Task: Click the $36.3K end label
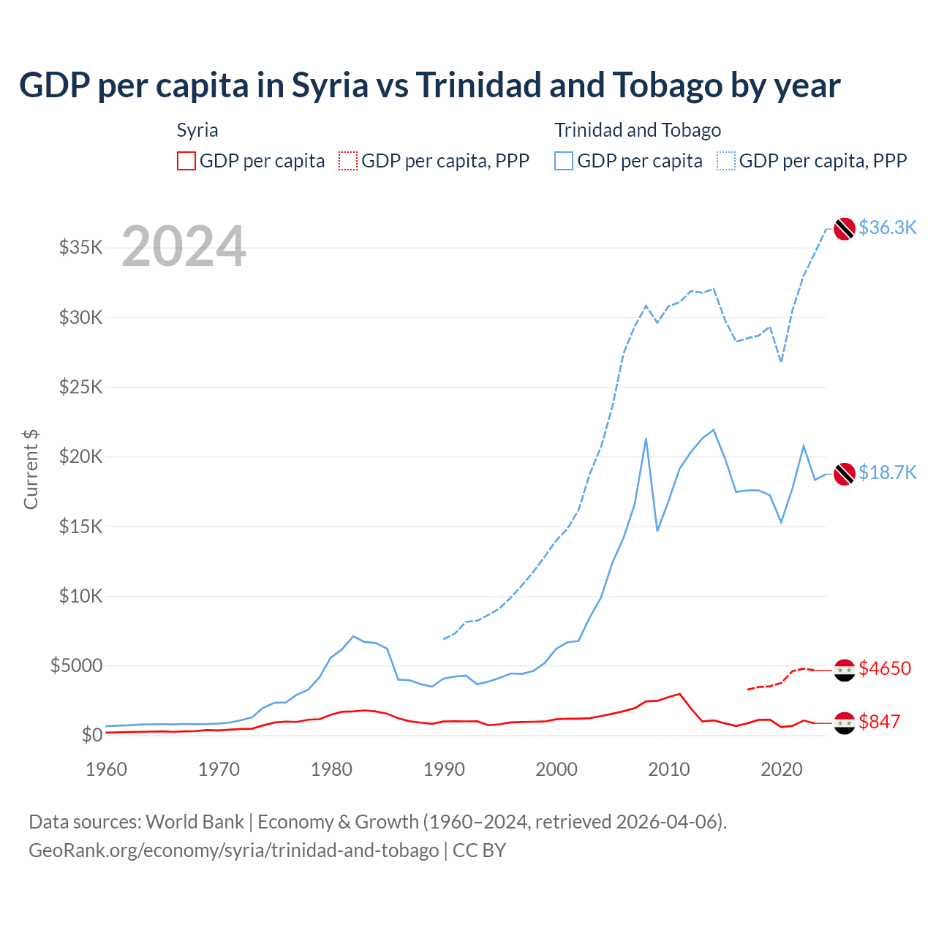coord(887,227)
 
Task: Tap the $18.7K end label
coord(887,472)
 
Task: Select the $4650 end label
coord(885,668)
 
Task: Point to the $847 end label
coord(879,722)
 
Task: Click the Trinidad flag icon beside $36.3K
coord(845,228)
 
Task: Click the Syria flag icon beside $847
coord(845,722)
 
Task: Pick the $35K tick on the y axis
coord(81,247)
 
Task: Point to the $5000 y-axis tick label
coord(76,665)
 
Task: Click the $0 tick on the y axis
coord(91,735)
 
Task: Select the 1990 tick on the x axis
coord(444,769)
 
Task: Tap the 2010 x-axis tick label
coord(669,769)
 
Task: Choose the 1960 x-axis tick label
coord(107,769)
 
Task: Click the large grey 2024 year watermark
coord(184,247)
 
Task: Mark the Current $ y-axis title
coord(31,469)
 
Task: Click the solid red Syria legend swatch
coord(186,161)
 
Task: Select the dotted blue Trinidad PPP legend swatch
coord(726,161)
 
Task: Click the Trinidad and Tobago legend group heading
coord(638,130)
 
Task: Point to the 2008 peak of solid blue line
coord(646,439)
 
